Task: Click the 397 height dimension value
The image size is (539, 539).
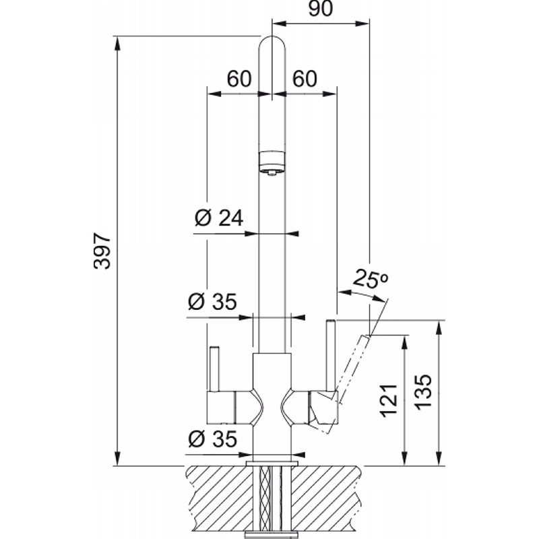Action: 102,251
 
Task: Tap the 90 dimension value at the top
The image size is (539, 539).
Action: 321,9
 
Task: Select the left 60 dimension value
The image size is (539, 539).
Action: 239,79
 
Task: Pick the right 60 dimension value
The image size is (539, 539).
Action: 305,79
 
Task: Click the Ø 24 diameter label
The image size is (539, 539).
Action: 219,218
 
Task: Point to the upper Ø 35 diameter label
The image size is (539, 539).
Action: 212,301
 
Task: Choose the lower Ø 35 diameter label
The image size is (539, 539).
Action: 212,439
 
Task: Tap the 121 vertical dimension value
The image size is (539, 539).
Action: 389,400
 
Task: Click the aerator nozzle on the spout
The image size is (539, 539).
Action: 272,163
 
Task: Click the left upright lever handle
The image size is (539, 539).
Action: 214,369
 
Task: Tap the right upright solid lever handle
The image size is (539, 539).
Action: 331,356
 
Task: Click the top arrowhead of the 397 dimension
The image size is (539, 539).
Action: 117,44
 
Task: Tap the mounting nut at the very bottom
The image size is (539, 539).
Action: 272,535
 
